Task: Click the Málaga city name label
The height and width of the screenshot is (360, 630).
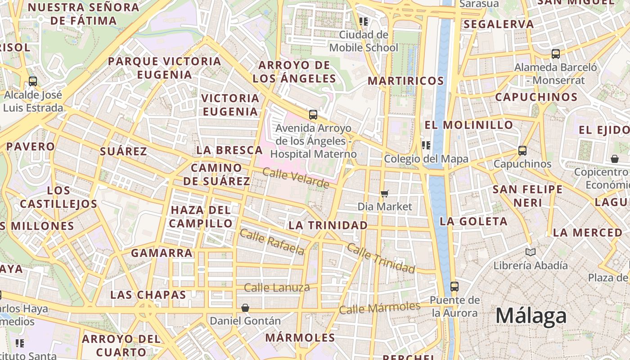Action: click(x=531, y=316)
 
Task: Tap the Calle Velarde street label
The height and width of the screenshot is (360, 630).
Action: click(x=296, y=178)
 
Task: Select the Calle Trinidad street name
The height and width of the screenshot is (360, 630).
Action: click(x=381, y=259)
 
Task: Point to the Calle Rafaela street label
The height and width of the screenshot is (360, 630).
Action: click(x=272, y=242)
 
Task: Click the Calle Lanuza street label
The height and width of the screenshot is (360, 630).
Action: click(x=277, y=288)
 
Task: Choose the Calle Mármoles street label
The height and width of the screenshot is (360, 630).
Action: click(x=379, y=308)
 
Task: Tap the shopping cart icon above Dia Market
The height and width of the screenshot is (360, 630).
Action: click(x=385, y=193)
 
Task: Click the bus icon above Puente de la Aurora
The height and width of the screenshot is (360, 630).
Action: click(x=454, y=286)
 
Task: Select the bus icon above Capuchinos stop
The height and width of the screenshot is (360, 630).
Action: click(x=522, y=150)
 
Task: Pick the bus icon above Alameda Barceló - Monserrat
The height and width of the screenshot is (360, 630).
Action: click(x=556, y=54)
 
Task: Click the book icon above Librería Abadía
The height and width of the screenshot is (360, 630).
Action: click(x=531, y=252)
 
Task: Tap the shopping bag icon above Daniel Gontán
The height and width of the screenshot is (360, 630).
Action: click(x=245, y=308)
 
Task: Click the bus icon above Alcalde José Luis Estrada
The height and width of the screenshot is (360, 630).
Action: click(x=33, y=81)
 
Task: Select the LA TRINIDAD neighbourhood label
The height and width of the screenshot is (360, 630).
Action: click(x=328, y=225)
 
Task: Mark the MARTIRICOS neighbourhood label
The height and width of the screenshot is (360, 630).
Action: click(x=406, y=81)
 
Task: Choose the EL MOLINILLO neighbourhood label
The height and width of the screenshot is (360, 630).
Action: click(x=469, y=125)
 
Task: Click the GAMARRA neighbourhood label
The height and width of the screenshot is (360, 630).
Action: click(x=162, y=253)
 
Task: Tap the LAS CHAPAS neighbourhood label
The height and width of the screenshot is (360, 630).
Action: click(x=148, y=295)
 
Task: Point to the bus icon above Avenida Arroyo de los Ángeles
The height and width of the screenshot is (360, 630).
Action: click(x=313, y=114)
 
